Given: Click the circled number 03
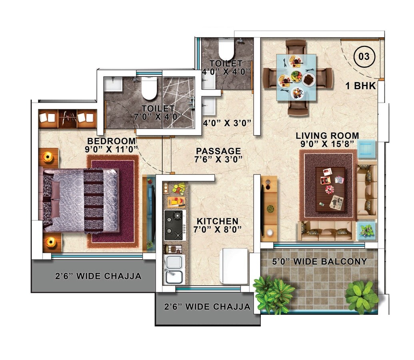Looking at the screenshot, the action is click(364, 56).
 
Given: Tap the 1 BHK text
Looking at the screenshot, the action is click(361, 85).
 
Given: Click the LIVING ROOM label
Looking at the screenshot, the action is click(327, 136).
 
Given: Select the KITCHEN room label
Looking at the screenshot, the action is click(217, 221).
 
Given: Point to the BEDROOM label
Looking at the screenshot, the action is click(111, 141).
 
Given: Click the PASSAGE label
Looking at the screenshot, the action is click(218, 151).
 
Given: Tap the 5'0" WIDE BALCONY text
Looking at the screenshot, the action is click(319, 262).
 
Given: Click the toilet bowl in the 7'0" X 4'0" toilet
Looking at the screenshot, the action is click(150, 88).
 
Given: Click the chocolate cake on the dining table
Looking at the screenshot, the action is click(308, 80).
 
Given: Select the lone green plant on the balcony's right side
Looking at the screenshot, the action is click(361, 296).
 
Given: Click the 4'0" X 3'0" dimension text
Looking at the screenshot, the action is click(227, 123).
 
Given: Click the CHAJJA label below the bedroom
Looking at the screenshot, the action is click(98, 276).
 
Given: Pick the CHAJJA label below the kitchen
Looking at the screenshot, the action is click(208, 307).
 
